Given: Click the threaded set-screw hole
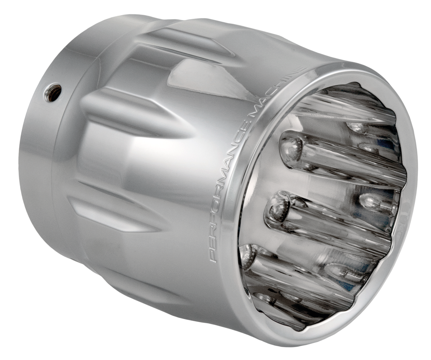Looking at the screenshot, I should tap(52, 92).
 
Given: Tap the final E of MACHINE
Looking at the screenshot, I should tap(301, 70).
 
